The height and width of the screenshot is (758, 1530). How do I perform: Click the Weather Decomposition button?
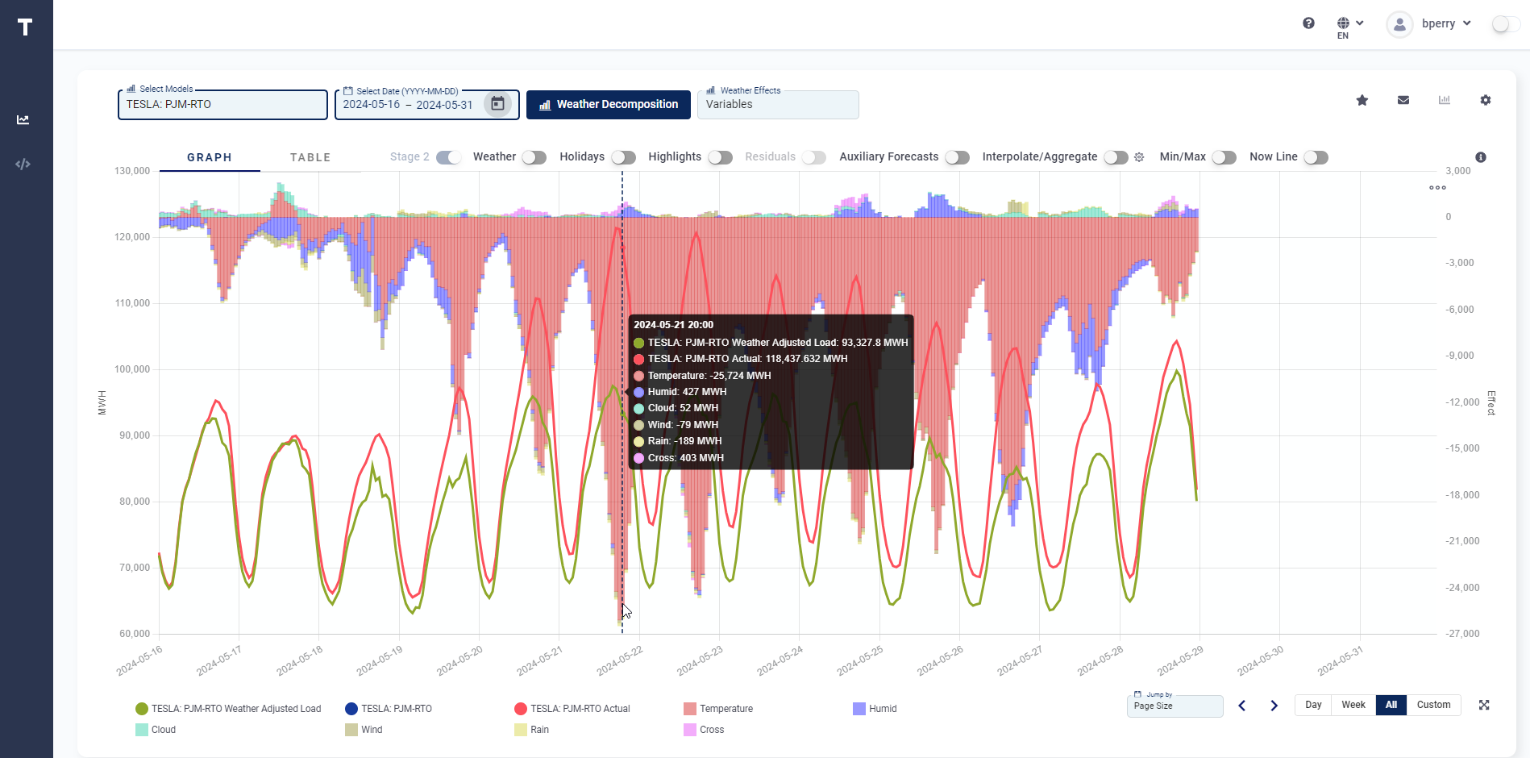(609, 105)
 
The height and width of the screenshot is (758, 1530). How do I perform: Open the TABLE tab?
(310, 157)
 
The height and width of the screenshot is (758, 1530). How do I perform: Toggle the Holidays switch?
(623, 157)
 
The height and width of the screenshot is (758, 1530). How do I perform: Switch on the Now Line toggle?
(1316, 157)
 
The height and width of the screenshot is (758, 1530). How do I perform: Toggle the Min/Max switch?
(1224, 157)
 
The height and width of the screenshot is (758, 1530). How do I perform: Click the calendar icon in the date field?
(497, 104)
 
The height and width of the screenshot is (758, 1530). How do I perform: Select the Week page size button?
(1353, 705)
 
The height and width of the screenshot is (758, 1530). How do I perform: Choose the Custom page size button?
(1433, 705)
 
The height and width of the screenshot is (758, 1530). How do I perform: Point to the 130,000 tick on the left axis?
(132, 171)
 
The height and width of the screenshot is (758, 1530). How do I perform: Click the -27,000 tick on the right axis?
(1462, 634)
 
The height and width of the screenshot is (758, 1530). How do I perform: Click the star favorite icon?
(1362, 100)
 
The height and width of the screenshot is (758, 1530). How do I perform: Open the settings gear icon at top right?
(1486, 100)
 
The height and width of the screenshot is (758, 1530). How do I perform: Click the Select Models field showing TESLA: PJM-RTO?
(222, 105)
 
